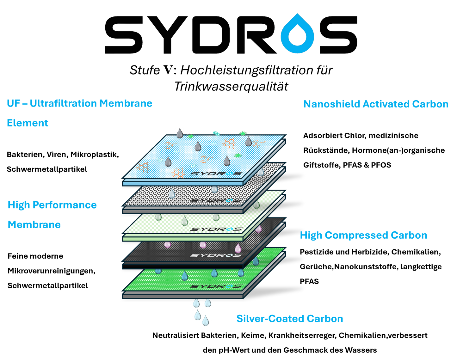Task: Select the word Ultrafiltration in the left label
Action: tap(63, 103)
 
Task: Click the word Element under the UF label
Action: tap(28, 123)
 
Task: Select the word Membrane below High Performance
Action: tap(34, 225)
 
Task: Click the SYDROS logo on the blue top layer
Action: tap(216, 174)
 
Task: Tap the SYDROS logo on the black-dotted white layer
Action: tap(216, 200)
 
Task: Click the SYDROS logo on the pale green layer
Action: tap(216, 229)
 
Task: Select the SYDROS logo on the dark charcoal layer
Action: tap(216, 255)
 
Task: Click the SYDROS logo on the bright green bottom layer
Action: tap(216, 286)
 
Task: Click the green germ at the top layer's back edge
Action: tap(243, 133)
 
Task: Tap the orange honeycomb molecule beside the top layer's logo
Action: tap(178, 173)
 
